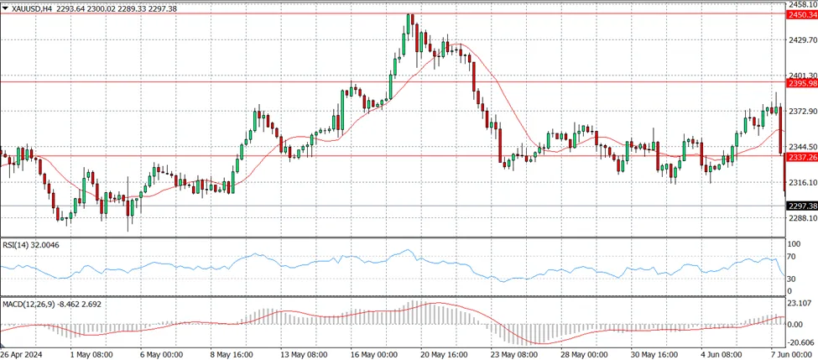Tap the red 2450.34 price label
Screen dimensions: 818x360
point(802,14)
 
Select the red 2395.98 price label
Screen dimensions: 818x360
point(802,83)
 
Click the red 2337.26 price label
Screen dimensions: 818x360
point(802,157)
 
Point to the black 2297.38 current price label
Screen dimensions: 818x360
point(802,206)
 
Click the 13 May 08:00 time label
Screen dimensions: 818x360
point(305,353)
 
